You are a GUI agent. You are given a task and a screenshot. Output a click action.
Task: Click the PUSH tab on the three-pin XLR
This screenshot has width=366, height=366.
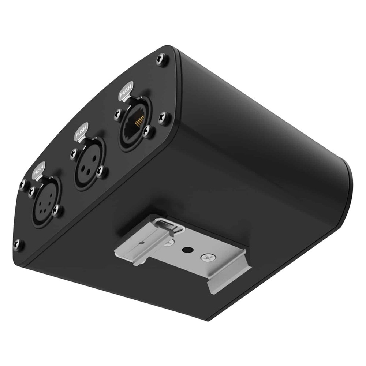click(x=81, y=132)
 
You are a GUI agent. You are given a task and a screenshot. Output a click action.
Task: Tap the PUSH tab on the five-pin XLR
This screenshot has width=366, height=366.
click(x=38, y=170)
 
